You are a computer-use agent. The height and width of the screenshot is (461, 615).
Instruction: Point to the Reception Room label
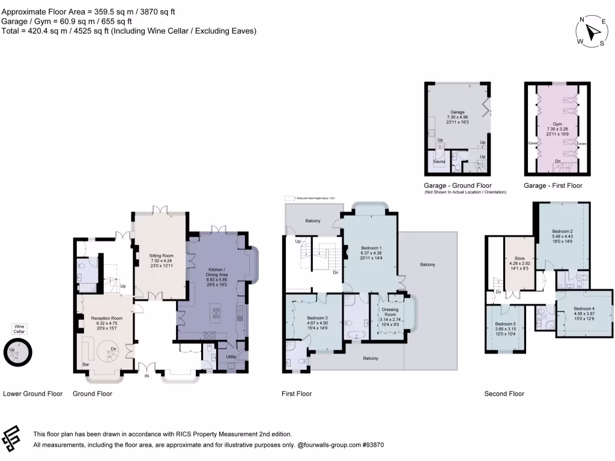pyautogui.click(x=106, y=318)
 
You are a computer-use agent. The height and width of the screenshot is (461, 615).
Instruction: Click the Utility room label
pyautogui.click(x=231, y=357)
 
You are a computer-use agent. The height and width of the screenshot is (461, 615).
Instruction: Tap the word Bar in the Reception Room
pyautogui.click(x=86, y=364)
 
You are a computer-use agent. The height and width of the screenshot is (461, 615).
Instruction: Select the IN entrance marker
pyautogui.click(x=146, y=376)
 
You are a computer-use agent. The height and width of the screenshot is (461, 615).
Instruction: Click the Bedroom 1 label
pyautogui.click(x=371, y=248)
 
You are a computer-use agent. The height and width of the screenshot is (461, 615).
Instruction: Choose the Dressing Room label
pyautogui.click(x=390, y=312)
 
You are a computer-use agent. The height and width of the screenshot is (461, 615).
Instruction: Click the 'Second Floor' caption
pyautogui.click(x=504, y=394)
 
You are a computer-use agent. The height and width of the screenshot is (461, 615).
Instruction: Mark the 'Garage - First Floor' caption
pyautogui.click(x=553, y=185)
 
